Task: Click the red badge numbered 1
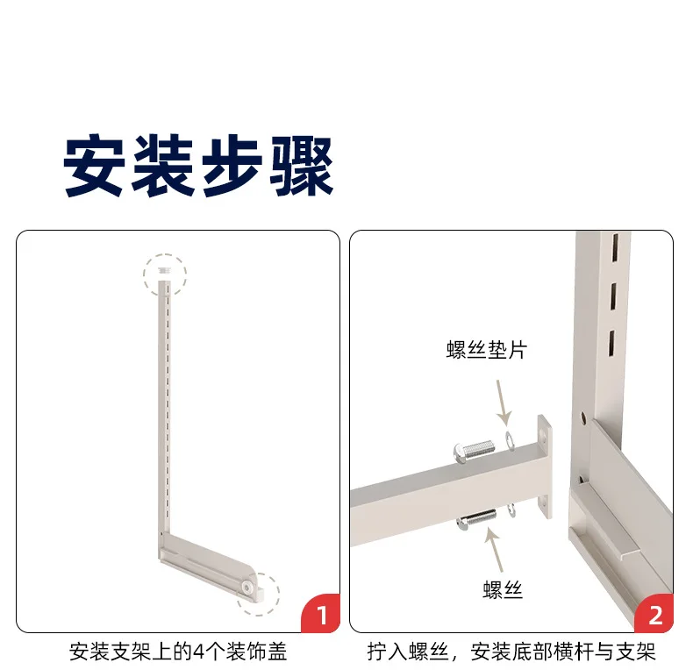pyautogui.click(x=322, y=614)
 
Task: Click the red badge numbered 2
pyautogui.click(x=655, y=614)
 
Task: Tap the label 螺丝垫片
pyautogui.click(x=487, y=350)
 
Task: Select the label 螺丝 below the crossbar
pyautogui.click(x=503, y=589)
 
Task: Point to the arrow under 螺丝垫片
pyautogui.click(x=504, y=403)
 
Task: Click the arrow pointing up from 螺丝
pyautogui.click(x=495, y=549)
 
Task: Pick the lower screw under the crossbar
pyautogui.click(x=476, y=518)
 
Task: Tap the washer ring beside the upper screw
pyautogui.click(x=510, y=441)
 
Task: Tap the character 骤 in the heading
pyautogui.click(x=302, y=166)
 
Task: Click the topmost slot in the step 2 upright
pyautogui.click(x=615, y=246)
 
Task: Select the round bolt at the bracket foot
pyautogui.click(x=246, y=587)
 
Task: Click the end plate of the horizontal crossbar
pyautogui.click(x=545, y=467)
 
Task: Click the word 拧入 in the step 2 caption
pyautogui.click(x=387, y=652)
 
